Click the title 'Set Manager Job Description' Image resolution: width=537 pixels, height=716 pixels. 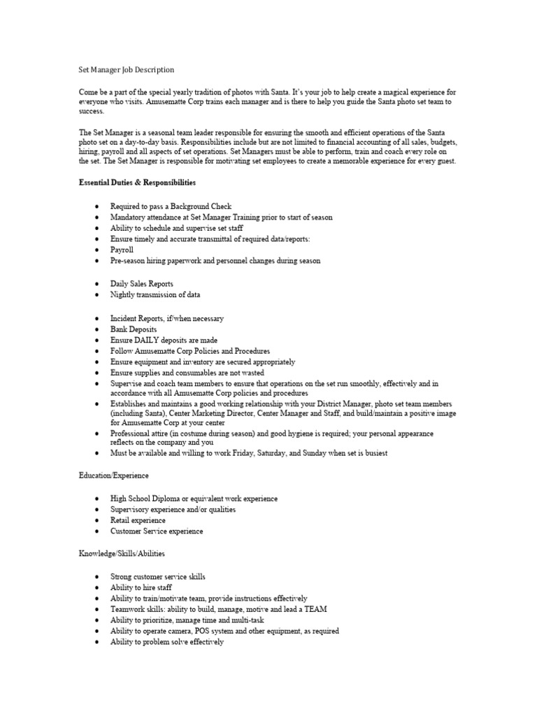(126, 70)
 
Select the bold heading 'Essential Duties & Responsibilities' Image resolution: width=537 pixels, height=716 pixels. (137, 182)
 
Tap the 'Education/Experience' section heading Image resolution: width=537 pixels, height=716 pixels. (113, 475)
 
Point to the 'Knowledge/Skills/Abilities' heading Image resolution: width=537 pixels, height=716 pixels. (122, 554)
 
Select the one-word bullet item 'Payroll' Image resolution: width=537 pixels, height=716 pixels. (122, 250)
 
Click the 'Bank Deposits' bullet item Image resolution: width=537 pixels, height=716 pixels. (134, 329)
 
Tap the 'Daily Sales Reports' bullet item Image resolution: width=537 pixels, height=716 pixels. (142, 284)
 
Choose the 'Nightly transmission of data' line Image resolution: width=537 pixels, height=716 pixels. (155, 295)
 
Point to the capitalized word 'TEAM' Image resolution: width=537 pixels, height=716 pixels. (313, 609)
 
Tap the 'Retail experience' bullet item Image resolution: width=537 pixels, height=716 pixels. (138, 520)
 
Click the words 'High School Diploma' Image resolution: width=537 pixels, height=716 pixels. (146, 499)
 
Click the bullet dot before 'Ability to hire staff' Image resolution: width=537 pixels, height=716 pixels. (96, 588)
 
